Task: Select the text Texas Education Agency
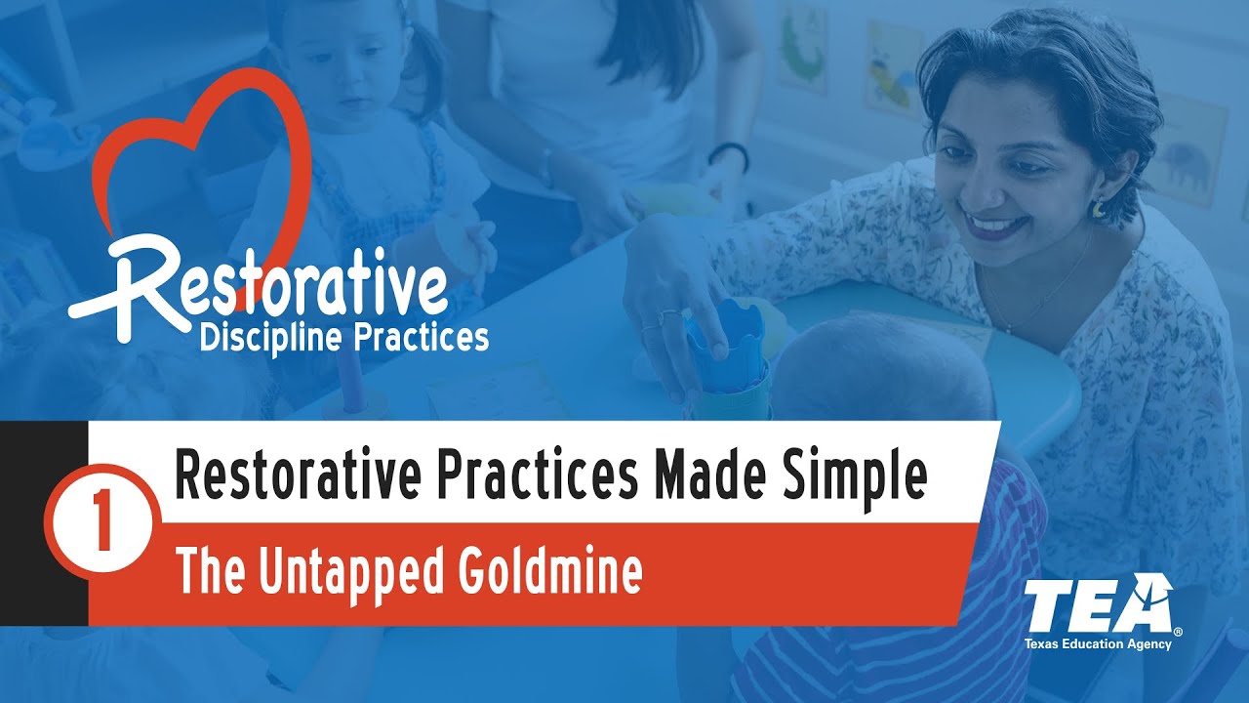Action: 1098,644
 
